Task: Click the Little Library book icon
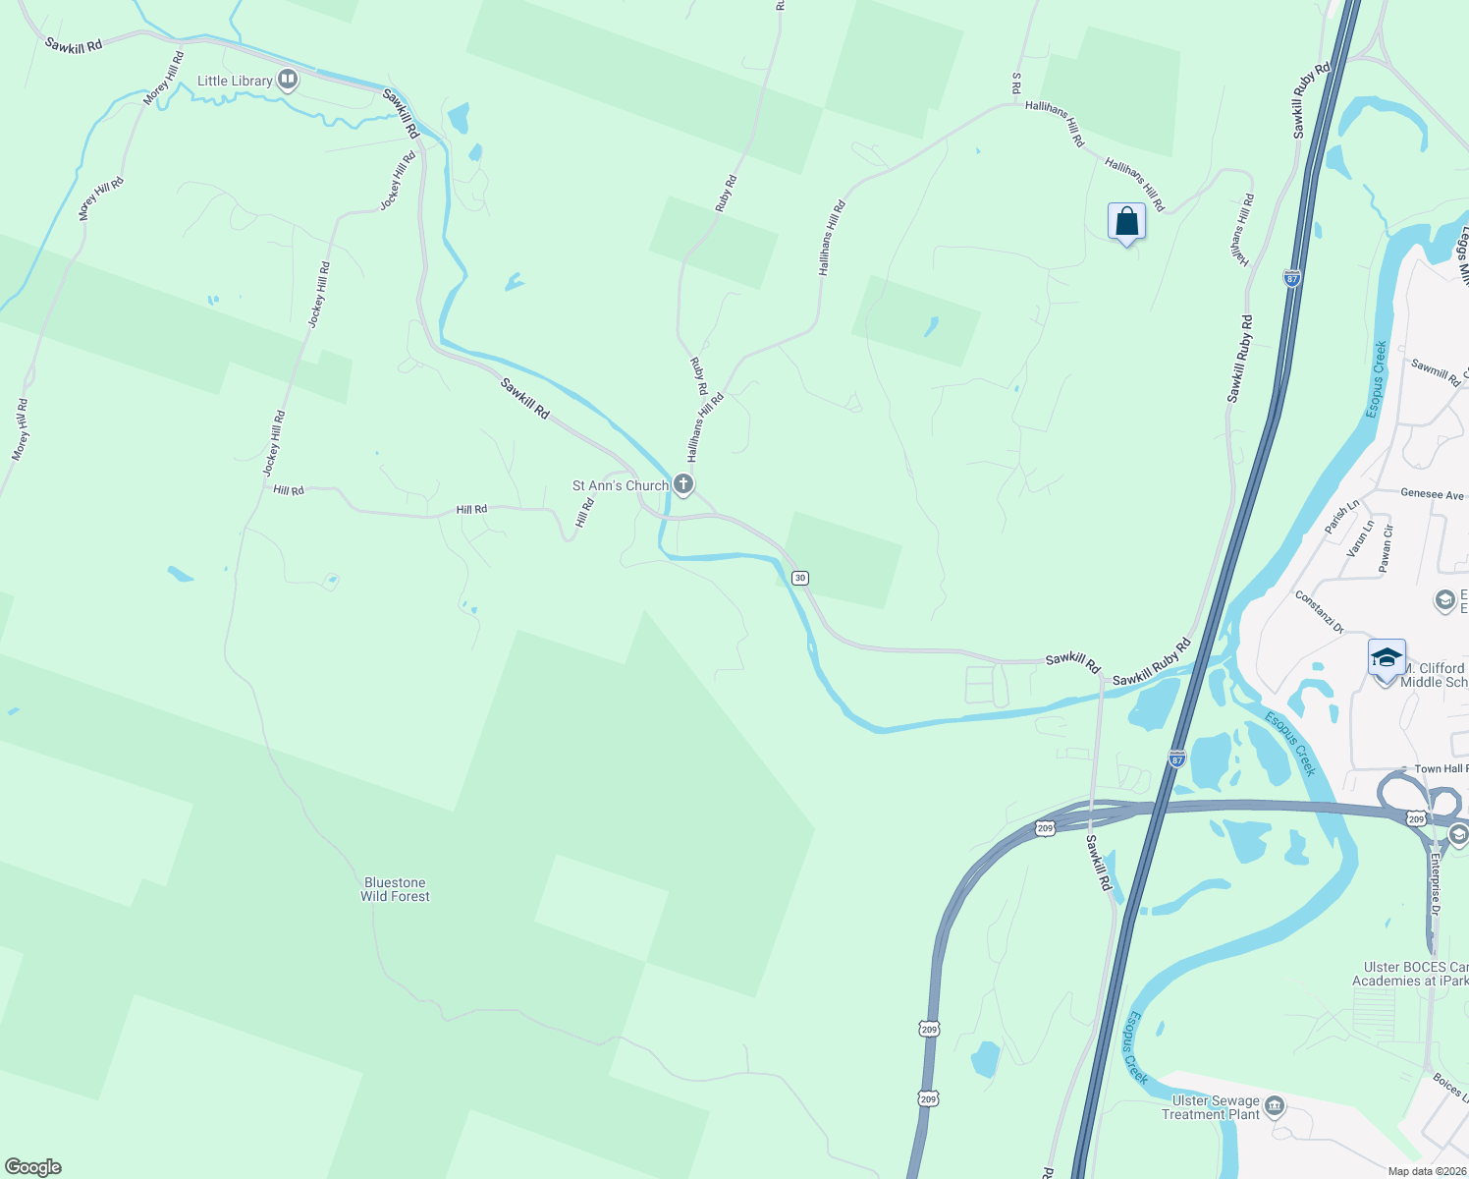click(x=288, y=80)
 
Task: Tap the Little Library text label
click(x=235, y=81)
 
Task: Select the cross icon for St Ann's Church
click(x=683, y=484)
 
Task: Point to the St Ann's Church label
click(x=620, y=485)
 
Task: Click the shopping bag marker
click(x=1126, y=222)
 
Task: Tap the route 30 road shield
click(x=800, y=578)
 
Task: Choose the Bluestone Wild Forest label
click(x=395, y=889)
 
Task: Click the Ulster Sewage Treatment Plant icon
click(x=1275, y=1107)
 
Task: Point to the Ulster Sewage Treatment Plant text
click(x=1215, y=1107)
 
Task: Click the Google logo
click(x=32, y=1167)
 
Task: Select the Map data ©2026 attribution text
click(x=1426, y=1171)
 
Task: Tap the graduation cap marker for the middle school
click(x=1387, y=659)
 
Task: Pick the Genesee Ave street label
click(x=1432, y=495)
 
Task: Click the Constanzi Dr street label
click(x=1318, y=612)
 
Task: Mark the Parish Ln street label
click(x=1341, y=517)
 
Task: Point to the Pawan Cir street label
click(x=1386, y=548)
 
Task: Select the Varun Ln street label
click(x=1361, y=539)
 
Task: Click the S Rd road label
click(x=1016, y=84)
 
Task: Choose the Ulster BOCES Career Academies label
click(x=1410, y=974)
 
